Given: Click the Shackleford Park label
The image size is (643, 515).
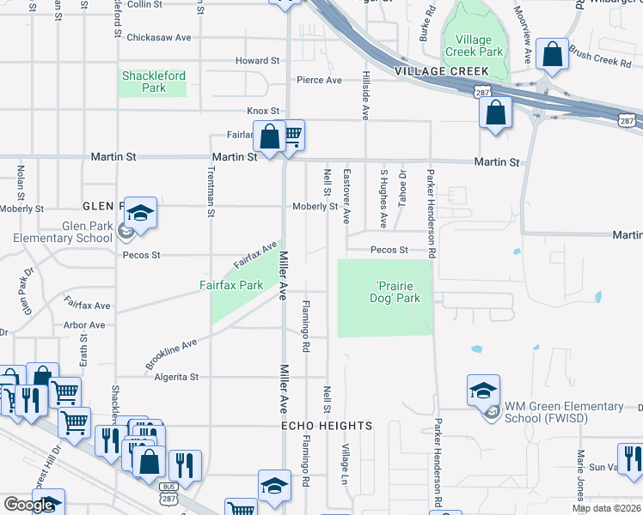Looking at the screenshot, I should pyautogui.click(x=154, y=82).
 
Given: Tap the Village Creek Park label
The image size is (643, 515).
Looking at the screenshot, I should pyautogui.click(x=473, y=45).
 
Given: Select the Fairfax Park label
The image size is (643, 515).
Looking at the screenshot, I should pyautogui.click(x=231, y=285).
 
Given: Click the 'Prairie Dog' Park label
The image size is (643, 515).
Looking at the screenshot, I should pyautogui.click(x=398, y=292).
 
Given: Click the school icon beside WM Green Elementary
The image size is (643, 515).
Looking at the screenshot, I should pyautogui.click(x=484, y=391).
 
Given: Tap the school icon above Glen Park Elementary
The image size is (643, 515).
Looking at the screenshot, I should pyautogui.click(x=140, y=214).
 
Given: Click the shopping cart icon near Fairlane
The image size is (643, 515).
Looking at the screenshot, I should pyautogui.click(x=292, y=134).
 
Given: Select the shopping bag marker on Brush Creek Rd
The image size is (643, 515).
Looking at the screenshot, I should pyautogui.click(x=553, y=56).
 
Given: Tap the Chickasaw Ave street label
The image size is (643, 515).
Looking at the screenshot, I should pyautogui.click(x=158, y=38).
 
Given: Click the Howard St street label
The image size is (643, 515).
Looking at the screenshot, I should pyautogui.click(x=258, y=61).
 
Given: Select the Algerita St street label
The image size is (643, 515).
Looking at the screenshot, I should pyautogui.click(x=176, y=377).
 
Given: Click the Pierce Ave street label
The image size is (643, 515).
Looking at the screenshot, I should pyautogui.click(x=319, y=81).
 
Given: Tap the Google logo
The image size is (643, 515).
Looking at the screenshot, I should pyautogui.click(x=28, y=505).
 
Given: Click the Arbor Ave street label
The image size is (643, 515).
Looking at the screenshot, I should pyautogui.click(x=84, y=325).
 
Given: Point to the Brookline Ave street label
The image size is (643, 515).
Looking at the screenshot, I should pyautogui.click(x=171, y=354).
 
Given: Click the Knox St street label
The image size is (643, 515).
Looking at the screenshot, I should pyautogui.click(x=263, y=112).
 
